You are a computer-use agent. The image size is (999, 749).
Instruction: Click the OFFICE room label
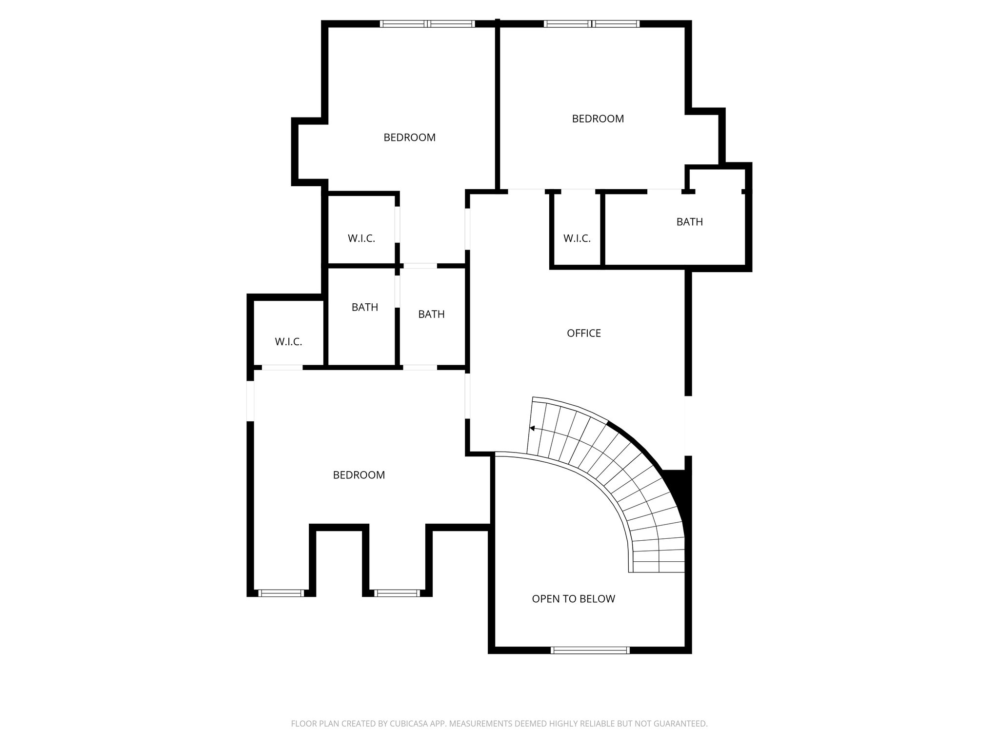click(583, 333)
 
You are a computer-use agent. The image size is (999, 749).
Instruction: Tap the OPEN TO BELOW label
click(573, 599)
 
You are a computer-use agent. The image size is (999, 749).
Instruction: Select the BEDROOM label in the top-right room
click(598, 118)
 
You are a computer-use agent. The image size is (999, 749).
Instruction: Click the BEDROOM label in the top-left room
click(409, 138)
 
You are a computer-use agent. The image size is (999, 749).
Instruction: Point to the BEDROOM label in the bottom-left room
click(359, 475)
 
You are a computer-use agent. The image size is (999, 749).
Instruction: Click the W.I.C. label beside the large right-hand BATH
click(577, 238)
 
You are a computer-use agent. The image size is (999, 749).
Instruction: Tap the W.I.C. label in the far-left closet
click(288, 342)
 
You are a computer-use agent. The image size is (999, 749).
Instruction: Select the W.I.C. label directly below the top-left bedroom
click(361, 238)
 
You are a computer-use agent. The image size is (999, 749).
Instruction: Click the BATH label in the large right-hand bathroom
click(689, 222)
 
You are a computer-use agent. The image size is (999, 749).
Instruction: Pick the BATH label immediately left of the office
click(431, 315)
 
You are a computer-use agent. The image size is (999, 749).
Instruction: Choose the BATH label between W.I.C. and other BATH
click(364, 307)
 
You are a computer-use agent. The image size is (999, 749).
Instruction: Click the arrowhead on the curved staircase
click(532, 428)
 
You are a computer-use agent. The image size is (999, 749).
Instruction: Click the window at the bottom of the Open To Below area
click(590, 650)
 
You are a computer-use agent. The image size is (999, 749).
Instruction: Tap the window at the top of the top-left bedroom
click(427, 23)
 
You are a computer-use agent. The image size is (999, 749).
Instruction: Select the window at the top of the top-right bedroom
click(591, 23)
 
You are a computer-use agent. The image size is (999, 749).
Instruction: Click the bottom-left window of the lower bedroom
click(280, 593)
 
